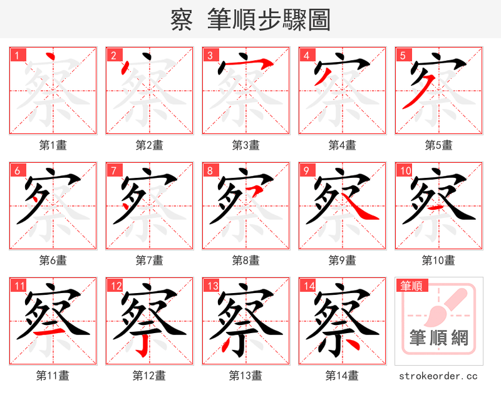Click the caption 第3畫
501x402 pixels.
point(245,145)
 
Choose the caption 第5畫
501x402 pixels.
point(438,145)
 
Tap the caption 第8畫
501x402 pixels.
point(245,260)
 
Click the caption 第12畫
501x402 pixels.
point(149,376)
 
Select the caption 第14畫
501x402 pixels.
point(342,376)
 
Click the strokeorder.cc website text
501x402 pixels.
point(438,376)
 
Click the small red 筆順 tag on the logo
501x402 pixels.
point(411,286)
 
